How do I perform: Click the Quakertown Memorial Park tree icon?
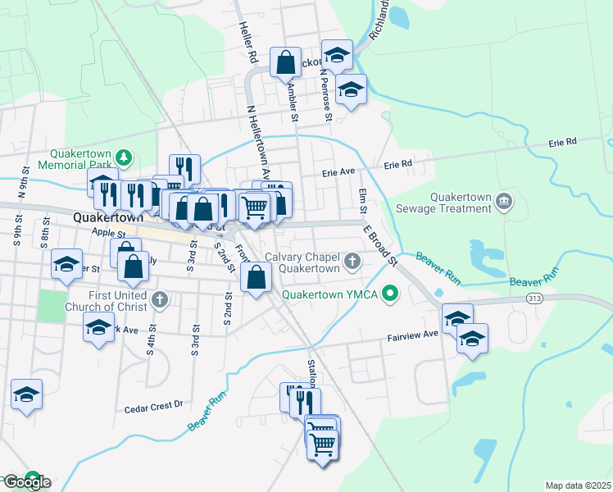124,156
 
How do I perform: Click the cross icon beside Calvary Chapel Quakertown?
352,262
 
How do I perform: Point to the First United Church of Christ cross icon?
160,300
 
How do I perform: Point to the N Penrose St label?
326,95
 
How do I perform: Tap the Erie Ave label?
338,173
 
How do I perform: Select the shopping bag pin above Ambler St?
285,63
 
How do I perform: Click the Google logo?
26,482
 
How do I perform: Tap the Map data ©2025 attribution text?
578,485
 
